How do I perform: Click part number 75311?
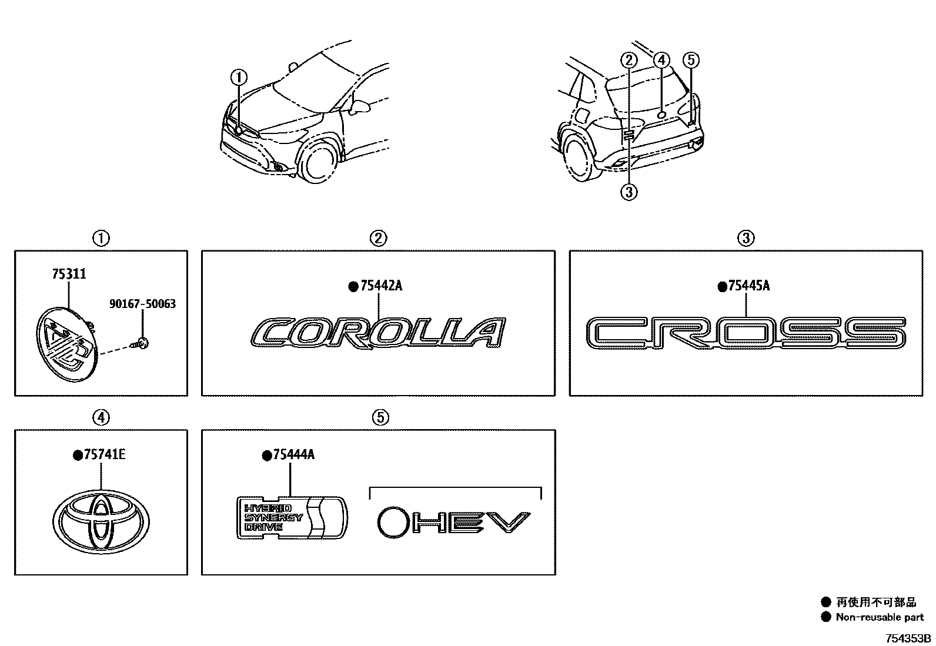[69, 274]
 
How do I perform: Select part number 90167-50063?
[142, 304]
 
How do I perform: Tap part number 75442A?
[382, 286]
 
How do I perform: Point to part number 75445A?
[748, 286]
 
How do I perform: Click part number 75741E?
[105, 454]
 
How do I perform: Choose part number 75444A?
[292, 454]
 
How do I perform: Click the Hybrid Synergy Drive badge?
[292, 517]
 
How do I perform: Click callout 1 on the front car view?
[239, 77]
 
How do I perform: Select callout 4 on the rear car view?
[661, 60]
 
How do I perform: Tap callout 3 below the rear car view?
[629, 192]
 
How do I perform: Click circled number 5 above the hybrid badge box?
[380, 417]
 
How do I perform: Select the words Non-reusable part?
[880, 617]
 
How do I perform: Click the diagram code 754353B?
[909, 638]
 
